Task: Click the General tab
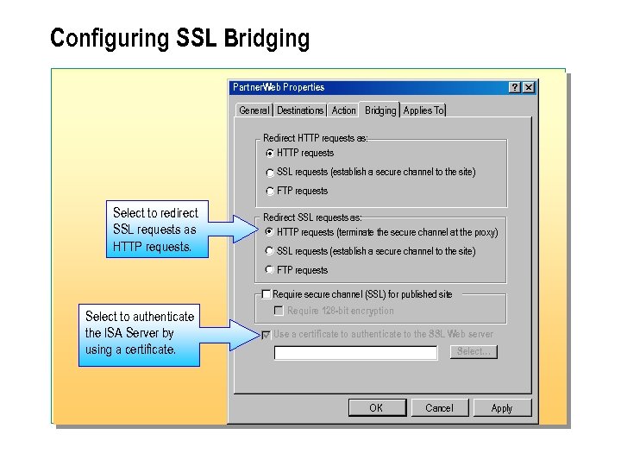point(254,110)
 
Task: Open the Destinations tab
point(300,110)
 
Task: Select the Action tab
point(343,110)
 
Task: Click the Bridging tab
point(379,110)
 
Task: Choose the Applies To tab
point(423,110)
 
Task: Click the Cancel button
point(439,408)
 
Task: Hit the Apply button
point(501,408)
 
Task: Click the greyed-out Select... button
point(474,352)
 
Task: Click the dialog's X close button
point(529,87)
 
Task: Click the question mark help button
point(514,87)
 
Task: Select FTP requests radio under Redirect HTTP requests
point(270,192)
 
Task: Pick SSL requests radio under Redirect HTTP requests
point(270,173)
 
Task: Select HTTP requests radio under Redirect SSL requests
point(270,232)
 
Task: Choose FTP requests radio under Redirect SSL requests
point(270,270)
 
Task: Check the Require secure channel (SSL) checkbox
point(267,294)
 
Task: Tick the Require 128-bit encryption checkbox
point(279,311)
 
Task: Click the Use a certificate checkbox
point(267,335)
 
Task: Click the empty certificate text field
point(355,353)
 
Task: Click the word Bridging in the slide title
point(266,39)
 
